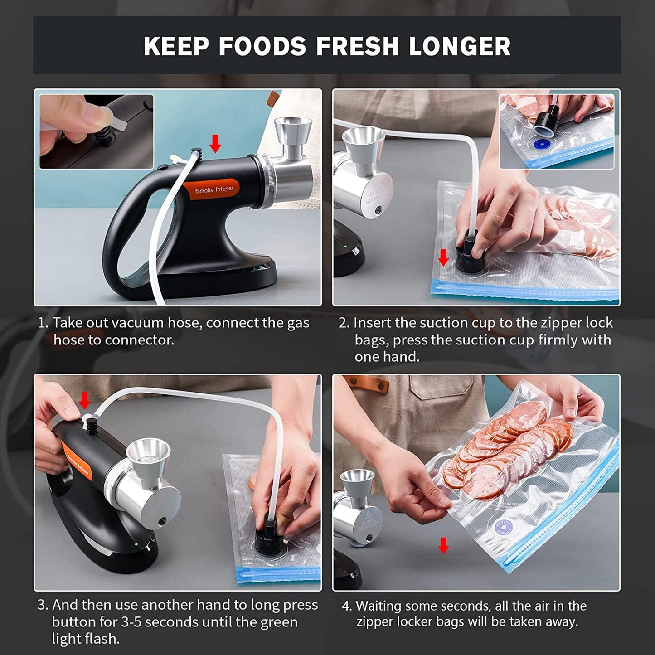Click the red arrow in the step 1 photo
click(x=215, y=143)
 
